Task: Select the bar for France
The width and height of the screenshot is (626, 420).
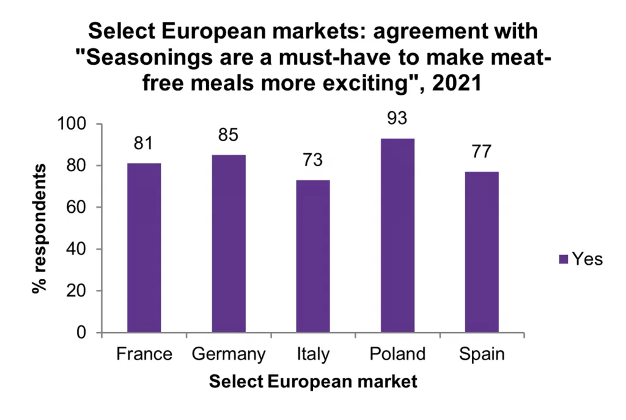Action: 144,248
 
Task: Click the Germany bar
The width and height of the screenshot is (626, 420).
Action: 229,243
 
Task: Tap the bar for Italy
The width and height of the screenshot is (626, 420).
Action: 313,256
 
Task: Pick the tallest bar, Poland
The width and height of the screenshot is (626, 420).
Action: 397,235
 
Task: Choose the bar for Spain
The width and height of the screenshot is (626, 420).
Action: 482,252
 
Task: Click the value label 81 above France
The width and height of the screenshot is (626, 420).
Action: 144,144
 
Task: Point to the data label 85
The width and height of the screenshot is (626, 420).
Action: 228,134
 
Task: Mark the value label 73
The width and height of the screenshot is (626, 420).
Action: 313,160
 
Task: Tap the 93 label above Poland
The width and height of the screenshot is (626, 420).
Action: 397,118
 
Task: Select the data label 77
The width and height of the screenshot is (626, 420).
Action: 482,152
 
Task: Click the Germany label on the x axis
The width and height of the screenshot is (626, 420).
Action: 228,355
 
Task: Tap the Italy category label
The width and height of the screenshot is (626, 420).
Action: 313,355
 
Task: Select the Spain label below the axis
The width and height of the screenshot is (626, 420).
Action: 482,355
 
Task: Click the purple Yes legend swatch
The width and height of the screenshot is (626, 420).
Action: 564,259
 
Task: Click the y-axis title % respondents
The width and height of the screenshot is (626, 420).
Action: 40,228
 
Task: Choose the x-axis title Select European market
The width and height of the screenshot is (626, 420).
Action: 313,382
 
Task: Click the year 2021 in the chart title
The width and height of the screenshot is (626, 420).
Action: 455,83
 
